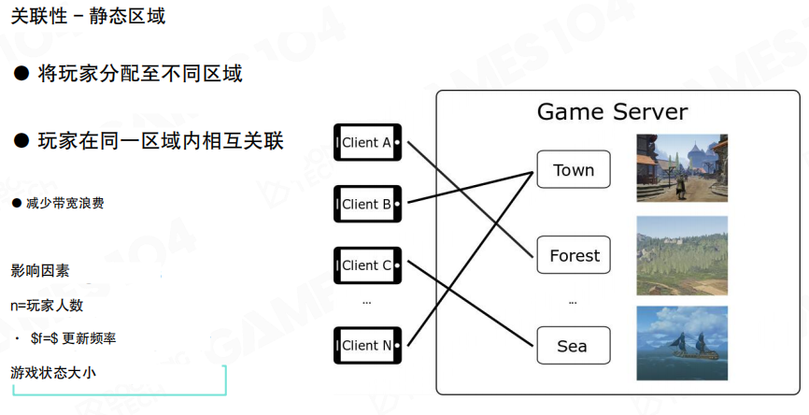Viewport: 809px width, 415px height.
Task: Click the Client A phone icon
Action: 367,143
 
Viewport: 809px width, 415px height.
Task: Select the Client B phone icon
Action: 367,204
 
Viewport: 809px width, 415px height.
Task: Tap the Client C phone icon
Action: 367,265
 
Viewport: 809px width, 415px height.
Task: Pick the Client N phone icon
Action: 367,345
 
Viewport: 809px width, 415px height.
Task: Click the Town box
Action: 573,170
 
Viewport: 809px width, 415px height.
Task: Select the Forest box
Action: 574,255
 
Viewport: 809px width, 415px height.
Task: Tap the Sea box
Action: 573,346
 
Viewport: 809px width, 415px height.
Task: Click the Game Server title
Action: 612,112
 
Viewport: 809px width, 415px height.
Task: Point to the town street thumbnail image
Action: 681,168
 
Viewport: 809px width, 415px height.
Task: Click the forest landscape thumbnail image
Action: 681,256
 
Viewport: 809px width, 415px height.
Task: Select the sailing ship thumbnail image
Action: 681,343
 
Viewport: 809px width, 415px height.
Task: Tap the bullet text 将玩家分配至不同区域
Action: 140,74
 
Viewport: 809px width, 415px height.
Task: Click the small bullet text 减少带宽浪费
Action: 64,203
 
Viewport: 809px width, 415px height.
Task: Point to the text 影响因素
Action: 40,271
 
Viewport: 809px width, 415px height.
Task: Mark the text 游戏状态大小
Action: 53,372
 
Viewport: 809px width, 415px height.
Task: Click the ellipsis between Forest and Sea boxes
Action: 573,302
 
